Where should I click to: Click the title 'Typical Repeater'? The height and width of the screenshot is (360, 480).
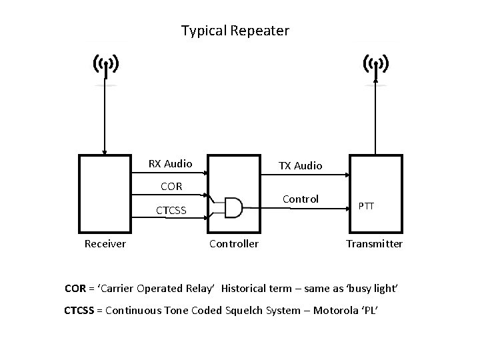[235, 31]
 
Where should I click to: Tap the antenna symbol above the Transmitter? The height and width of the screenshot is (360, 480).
[376, 65]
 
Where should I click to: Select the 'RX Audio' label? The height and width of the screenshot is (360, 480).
[170, 163]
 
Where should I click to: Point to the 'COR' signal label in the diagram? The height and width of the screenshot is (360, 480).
[171, 186]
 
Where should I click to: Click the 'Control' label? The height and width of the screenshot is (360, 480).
[301, 199]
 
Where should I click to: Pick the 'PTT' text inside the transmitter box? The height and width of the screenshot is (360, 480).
[366, 207]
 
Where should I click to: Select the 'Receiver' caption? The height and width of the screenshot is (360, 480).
[105, 244]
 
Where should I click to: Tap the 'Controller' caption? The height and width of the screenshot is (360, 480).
[234, 244]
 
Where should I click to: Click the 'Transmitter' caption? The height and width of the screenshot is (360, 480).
[374, 244]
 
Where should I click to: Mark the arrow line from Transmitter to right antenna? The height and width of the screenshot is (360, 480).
[376, 120]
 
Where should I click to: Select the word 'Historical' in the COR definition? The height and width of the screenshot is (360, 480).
[246, 289]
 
